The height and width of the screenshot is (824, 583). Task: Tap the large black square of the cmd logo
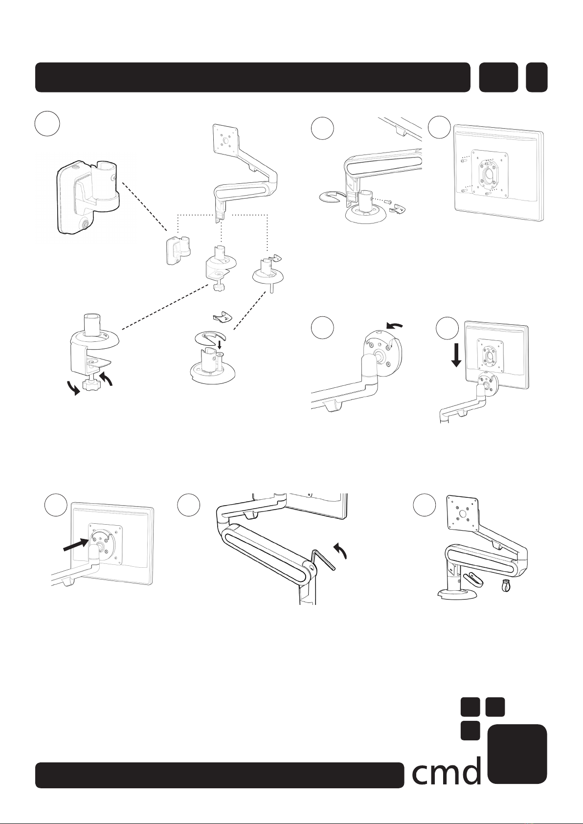pyautogui.click(x=517, y=754)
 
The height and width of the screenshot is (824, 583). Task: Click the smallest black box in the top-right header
pyautogui.click(x=537, y=77)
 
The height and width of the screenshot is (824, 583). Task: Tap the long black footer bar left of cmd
pyautogui.click(x=220, y=775)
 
